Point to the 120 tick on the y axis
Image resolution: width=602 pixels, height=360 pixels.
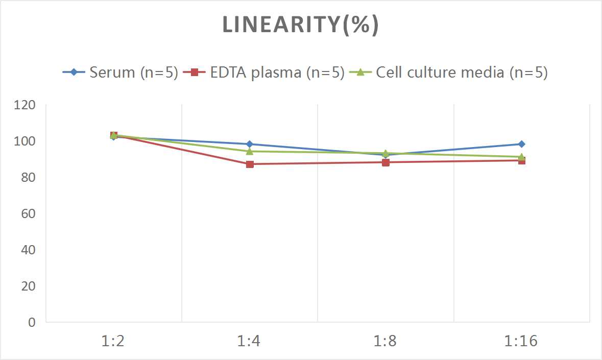coord(25,105)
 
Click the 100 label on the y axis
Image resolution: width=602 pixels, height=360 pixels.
coord(25,141)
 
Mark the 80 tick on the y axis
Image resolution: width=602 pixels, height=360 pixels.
coord(28,177)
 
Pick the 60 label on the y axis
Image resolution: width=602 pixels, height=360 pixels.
coord(28,213)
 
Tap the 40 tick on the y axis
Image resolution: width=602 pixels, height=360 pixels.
coord(28,250)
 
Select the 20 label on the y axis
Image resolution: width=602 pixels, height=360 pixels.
coord(28,286)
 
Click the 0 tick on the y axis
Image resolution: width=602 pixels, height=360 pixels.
coord(32,322)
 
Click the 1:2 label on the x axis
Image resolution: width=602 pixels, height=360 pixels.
coord(113,341)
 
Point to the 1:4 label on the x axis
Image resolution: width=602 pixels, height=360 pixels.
coord(250,341)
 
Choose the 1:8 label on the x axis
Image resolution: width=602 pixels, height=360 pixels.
coord(386,341)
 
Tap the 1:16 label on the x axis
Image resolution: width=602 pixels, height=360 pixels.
coord(521,341)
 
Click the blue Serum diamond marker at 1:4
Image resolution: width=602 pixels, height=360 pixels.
coord(250,144)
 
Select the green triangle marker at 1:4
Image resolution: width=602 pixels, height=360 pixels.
coord(250,151)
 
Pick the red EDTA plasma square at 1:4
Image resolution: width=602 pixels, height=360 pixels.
coord(250,164)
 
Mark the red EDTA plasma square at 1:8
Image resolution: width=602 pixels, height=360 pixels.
coord(386,162)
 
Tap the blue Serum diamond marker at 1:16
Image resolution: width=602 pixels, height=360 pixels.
coord(521,144)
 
